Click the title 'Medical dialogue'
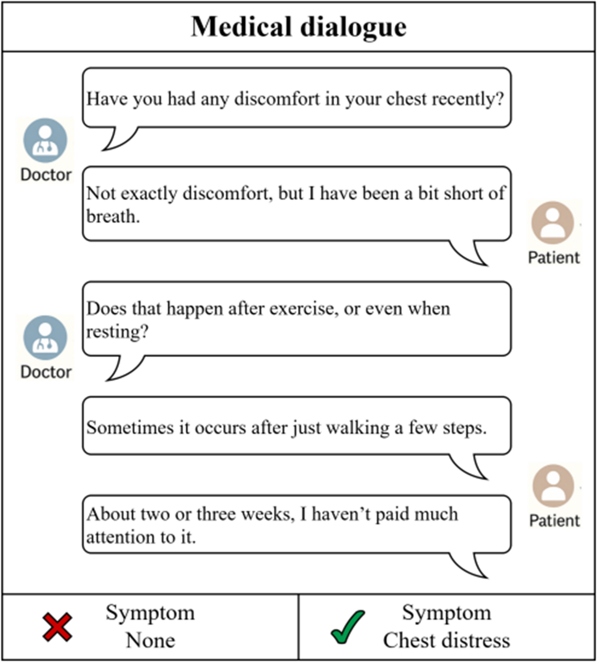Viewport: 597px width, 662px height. [298, 27]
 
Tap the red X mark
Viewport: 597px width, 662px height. [57, 627]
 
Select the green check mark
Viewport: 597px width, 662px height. [347, 627]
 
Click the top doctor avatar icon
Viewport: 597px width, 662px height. [45, 141]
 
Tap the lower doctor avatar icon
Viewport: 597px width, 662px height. [45, 338]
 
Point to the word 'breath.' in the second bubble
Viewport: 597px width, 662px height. [113, 216]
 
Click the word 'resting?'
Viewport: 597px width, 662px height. [117, 332]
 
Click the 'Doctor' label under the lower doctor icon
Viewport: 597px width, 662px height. [46, 372]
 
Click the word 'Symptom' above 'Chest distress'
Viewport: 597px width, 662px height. [446, 613]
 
